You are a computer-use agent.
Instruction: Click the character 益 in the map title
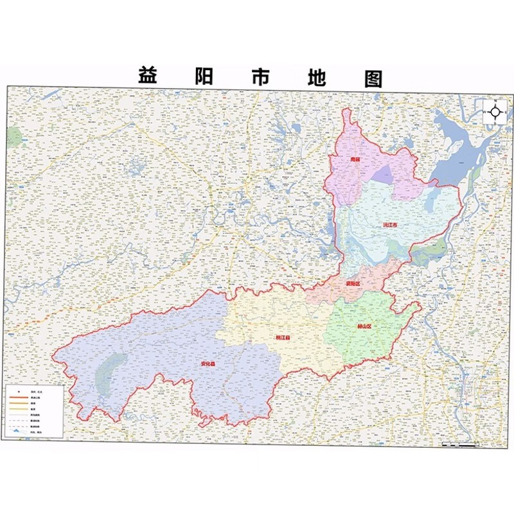(x=148, y=76)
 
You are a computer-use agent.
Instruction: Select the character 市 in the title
(x=260, y=76)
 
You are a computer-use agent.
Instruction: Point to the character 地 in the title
(x=315, y=76)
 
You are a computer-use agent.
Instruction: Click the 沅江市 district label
(x=390, y=226)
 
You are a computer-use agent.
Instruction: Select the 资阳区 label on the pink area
(x=353, y=283)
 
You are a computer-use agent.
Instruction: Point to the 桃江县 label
(x=283, y=337)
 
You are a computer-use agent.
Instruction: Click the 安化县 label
(x=207, y=364)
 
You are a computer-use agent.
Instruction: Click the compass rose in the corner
(x=495, y=112)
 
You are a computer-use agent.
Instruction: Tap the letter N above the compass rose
(x=495, y=101)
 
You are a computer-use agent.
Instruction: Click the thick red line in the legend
(x=19, y=398)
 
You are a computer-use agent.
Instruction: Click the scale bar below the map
(x=459, y=444)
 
